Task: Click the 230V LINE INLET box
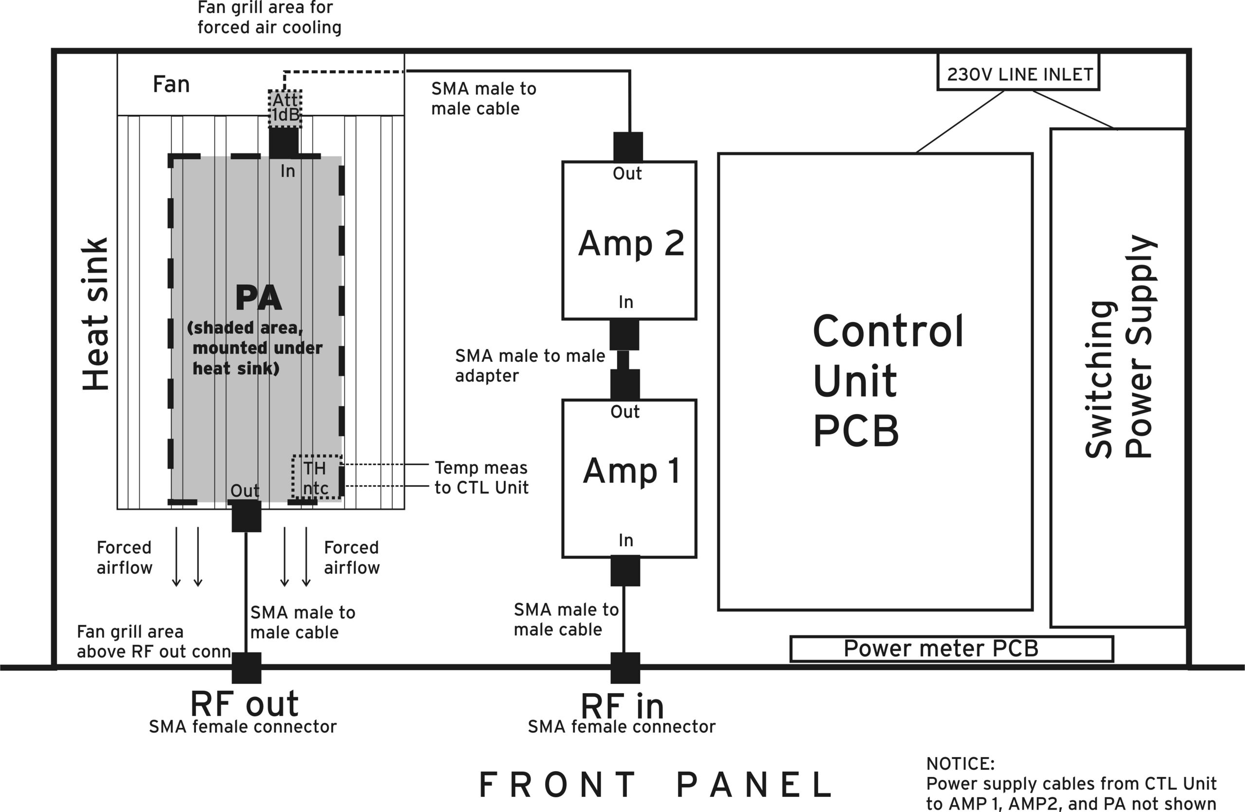[1018, 73]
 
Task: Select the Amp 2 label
[631, 243]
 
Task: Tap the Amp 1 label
[631, 470]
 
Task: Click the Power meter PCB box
[951, 649]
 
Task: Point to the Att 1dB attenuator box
[285, 108]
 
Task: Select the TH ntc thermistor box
[317, 478]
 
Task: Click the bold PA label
[258, 298]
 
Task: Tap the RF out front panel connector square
[247, 668]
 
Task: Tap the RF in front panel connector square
[625, 668]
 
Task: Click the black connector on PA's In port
[284, 143]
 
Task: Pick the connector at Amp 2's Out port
[628, 147]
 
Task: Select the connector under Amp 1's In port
[625, 571]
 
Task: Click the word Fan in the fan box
[171, 84]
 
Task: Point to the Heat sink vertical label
[96, 314]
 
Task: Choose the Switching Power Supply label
[1120, 346]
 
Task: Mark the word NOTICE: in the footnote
[960, 764]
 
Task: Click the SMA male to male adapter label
[530, 366]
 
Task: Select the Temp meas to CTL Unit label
[481, 477]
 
